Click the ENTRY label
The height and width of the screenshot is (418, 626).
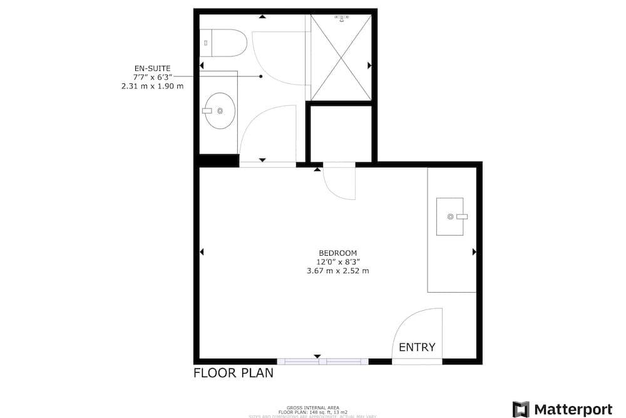tap(416, 347)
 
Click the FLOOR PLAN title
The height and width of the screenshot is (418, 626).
tap(233, 374)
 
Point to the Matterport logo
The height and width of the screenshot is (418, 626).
tap(562, 409)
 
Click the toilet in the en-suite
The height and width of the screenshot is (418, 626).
tap(225, 43)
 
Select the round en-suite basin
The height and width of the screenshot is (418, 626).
tap(219, 111)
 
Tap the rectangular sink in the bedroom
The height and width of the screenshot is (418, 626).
tap(451, 216)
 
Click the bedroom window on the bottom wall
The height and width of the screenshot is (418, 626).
tap(322, 362)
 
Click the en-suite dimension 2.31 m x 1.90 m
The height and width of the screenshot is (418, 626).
tap(153, 86)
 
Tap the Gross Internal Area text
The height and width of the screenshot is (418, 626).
tap(313, 407)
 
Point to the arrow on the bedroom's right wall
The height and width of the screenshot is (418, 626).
tap(474, 252)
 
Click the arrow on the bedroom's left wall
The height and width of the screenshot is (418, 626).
tap(202, 252)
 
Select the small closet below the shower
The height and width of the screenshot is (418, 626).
tap(341, 133)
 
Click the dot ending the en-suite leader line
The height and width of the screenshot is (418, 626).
tap(260, 76)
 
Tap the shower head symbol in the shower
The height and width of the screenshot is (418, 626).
tap(341, 19)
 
